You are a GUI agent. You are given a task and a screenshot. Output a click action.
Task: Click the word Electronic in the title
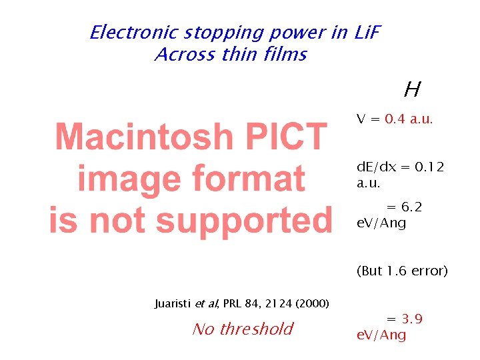(x=131, y=32)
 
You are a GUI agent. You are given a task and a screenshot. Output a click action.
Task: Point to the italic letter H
(x=411, y=89)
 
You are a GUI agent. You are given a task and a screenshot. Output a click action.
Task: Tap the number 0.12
(x=429, y=167)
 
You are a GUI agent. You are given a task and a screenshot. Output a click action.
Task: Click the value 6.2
(x=412, y=208)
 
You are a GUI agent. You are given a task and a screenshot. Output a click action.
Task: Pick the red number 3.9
(x=412, y=319)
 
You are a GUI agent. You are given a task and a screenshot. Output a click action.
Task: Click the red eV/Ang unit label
(x=381, y=335)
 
